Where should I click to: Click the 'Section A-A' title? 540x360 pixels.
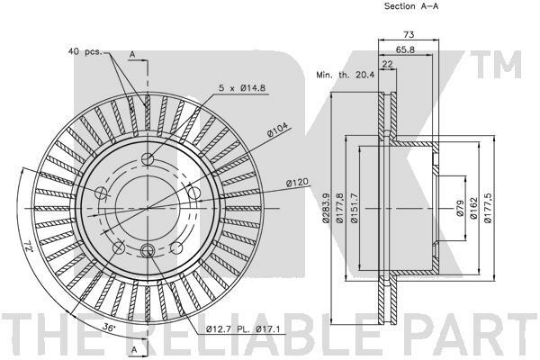pos(411,6)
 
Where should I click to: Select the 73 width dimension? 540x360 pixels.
pos(409,34)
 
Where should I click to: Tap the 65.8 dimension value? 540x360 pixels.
pos(405,49)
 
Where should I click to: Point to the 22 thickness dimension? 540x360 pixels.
pos(387,64)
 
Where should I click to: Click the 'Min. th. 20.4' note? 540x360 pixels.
pos(345,75)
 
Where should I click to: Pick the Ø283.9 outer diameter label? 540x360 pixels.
pos(326,208)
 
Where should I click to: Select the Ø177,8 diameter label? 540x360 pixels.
pos(340,208)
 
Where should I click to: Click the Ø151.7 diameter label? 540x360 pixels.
pos(354,208)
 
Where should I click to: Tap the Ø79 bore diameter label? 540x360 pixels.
pos(460,208)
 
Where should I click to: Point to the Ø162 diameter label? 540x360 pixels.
pos(473,208)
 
